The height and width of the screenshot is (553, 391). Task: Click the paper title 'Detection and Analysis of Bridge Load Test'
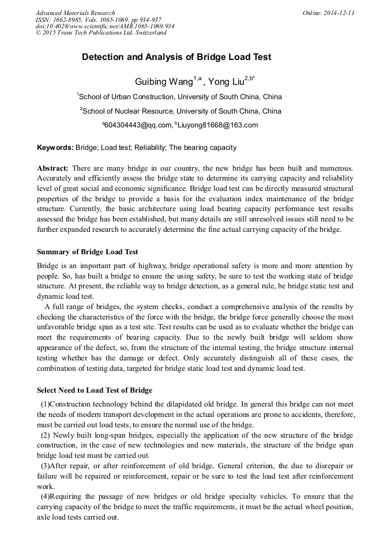tap(176, 57)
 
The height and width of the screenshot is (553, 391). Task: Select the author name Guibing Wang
tap(159, 82)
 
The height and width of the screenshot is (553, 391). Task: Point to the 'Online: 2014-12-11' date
tap(328, 13)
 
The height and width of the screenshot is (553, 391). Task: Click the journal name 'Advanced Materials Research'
tap(75, 13)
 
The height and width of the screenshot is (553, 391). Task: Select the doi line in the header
tap(105, 26)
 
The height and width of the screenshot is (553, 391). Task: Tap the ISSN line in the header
tap(98, 19)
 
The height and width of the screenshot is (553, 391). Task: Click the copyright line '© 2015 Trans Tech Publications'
tap(101, 33)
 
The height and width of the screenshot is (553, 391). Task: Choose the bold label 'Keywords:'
tap(55, 148)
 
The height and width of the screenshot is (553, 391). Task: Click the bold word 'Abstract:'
tap(53, 168)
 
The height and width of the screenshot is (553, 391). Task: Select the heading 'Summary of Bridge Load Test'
tap(87, 252)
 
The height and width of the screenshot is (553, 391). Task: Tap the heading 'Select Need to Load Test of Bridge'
tap(95, 390)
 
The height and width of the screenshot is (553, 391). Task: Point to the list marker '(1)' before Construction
tap(45, 404)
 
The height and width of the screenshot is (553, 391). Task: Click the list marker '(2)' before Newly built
tap(45, 435)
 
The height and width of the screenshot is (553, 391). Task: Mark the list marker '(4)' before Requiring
tap(45, 496)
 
